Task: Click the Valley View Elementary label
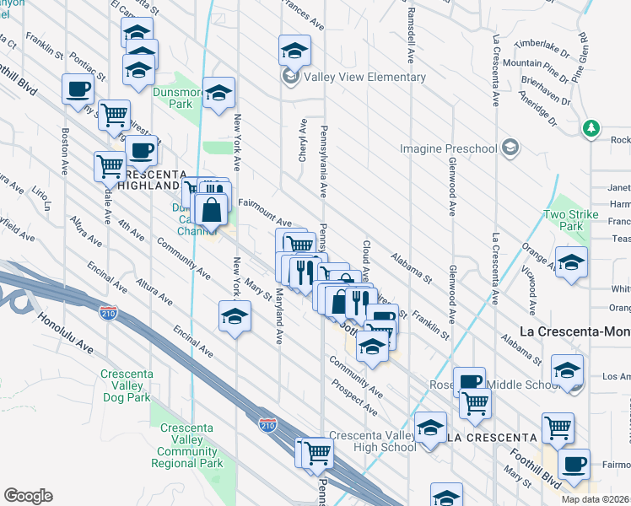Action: click(x=365, y=78)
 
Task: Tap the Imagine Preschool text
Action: click(x=448, y=149)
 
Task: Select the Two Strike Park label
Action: click(x=571, y=220)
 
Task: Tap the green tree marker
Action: click(x=591, y=128)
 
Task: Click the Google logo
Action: click(x=28, y=496)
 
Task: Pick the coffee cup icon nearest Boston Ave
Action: click(x=78, y=88)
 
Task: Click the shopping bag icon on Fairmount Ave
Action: click(x=212, y=208)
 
